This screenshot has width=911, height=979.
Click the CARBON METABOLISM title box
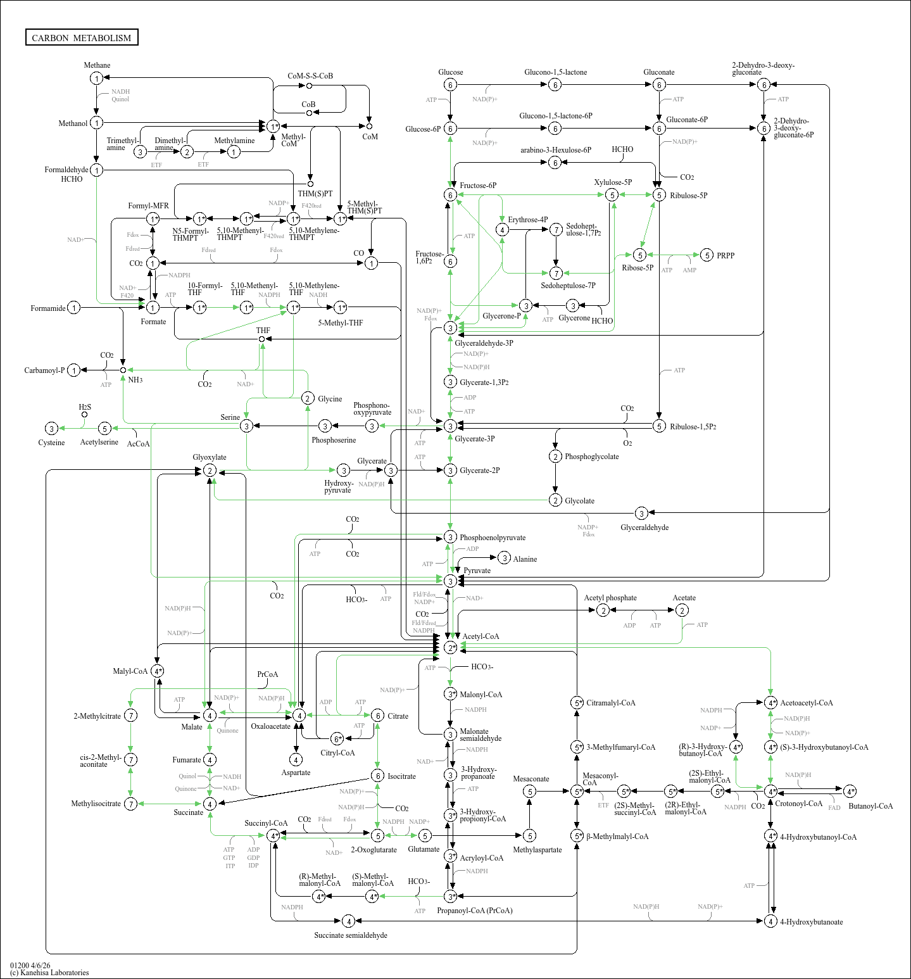click(x=82, y=37)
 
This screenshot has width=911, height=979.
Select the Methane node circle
click(x=96, y=78)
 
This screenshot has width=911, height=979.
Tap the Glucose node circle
click(x=450, y=85)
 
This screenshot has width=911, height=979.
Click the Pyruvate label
click(x=477, y=571)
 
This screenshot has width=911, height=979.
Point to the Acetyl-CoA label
click(x=481, y=636)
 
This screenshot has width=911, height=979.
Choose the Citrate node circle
click(x=377, y=716)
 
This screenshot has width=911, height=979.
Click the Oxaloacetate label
click(x=270, y=726)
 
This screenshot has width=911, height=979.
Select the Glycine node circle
click(x=308, y=398)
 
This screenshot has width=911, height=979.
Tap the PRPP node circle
click(x=707, y=255)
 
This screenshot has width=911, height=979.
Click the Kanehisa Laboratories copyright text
click(x=49, y=973)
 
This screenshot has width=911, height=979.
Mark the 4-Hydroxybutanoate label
click(x=811, y=922)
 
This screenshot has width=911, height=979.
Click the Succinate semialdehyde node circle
click(x=348, y=921)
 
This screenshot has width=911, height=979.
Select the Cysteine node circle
click(x=52, y=429)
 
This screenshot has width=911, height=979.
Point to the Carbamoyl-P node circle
click(x=74, y=370)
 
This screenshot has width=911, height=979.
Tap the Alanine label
click(x=525, y=559)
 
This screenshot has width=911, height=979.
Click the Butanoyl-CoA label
click(x=870, y=806)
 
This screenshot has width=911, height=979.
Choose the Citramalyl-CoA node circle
click(x=577, y=702)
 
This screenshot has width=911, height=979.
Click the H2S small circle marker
click(x=84, y=415)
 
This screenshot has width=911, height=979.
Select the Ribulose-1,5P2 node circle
click(x=659, y=426)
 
